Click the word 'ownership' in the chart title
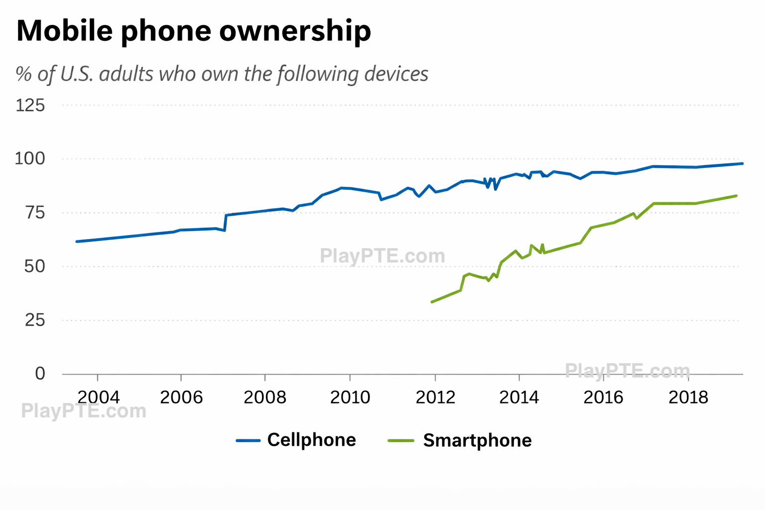[x=295, y=31]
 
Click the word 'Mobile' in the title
[x=65, y=31]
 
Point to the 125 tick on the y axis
[x=30, y=106]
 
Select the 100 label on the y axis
[x=30, y=159]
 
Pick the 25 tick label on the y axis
[x=34, y=320]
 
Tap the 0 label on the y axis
[x=40, y=374]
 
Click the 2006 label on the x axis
[x=181, y=397]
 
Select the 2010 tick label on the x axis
[x=350, y=397]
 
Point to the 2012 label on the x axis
[x=435, y=397]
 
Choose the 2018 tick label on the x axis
[x=688, y=397]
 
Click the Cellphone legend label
[x=312, y=440]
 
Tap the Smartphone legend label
[x=477, y=441]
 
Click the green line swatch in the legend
[x=401, y=441]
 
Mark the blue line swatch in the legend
[x=248, y=441]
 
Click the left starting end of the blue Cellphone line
[x=77, y=242]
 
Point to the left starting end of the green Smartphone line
[x=432, y=302]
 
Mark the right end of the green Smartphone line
[x=736, y=196]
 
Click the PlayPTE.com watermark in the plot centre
[x=382, y=256]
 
